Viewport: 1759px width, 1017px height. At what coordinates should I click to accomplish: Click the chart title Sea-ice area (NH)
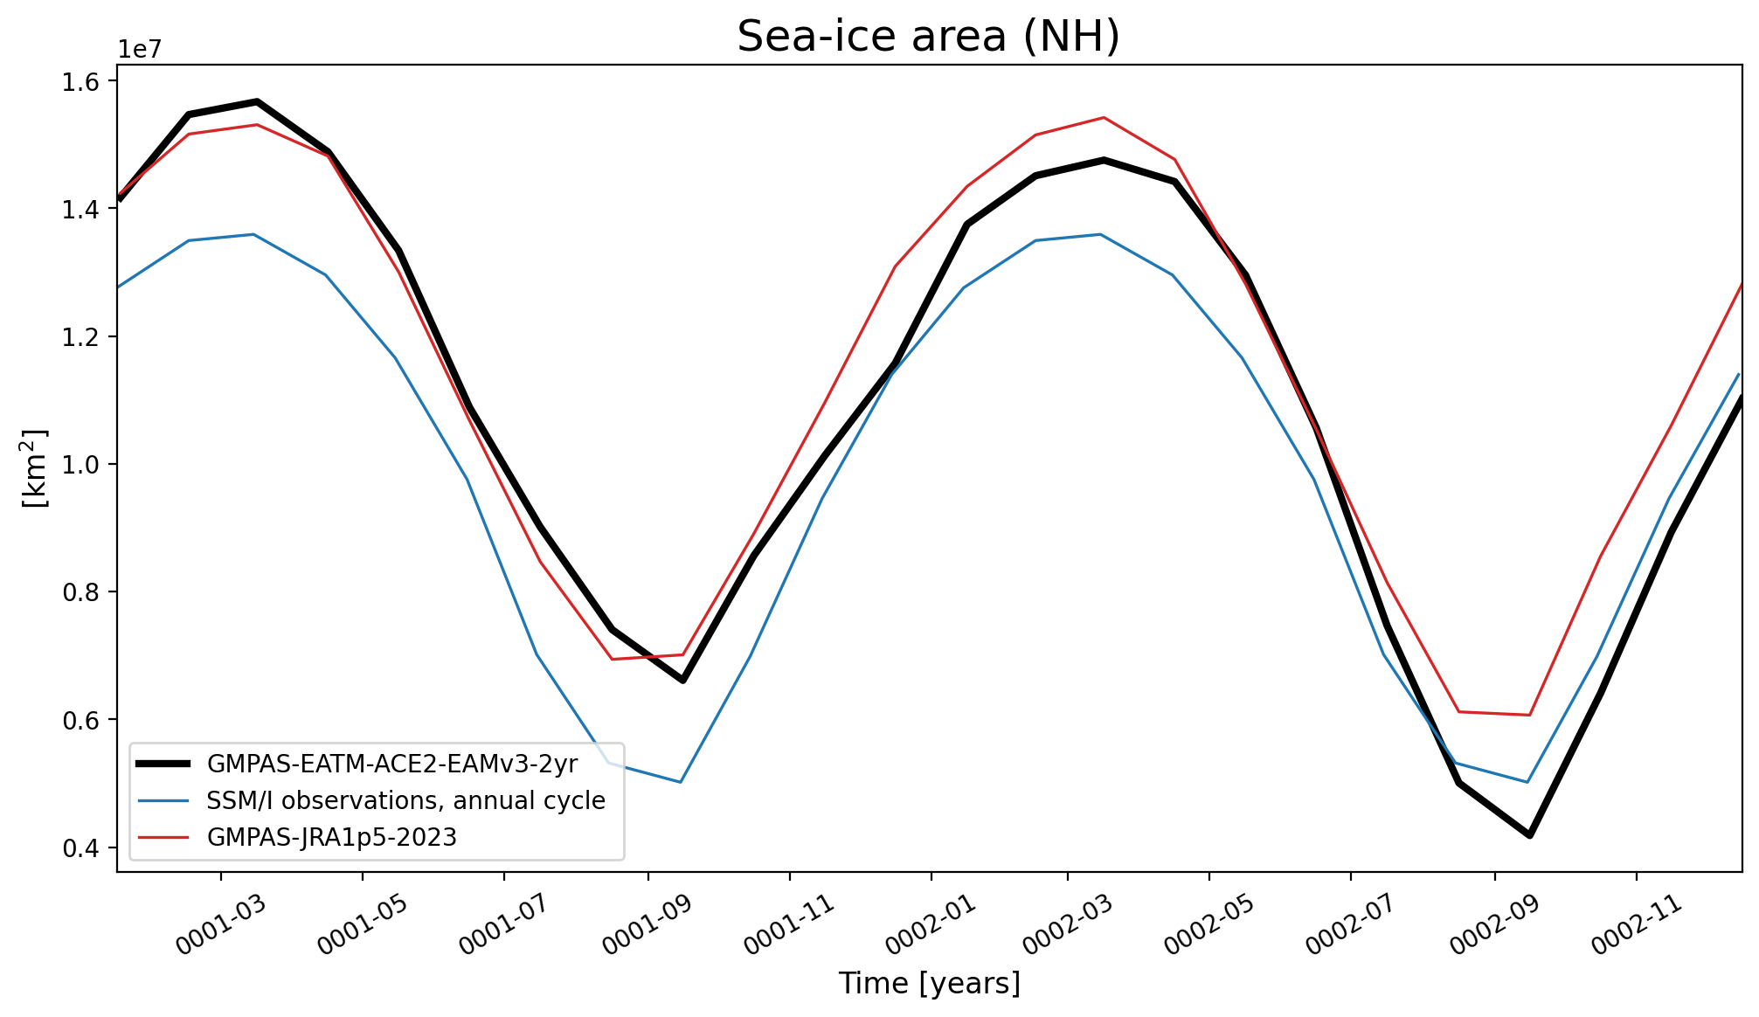(x=929, y=37)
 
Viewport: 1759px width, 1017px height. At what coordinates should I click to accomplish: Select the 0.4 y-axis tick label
(x=80, y=847)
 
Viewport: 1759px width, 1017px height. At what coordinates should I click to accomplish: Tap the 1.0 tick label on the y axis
(x=80, y=465)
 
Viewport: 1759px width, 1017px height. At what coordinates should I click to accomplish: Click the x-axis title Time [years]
(x=929, y=984)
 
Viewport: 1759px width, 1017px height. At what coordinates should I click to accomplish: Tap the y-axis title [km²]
(x=35, y=468)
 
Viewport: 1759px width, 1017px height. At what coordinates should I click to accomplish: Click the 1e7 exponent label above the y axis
(x=140, y=50)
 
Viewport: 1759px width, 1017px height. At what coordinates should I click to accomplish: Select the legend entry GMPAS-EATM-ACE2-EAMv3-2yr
(x=392, y=764)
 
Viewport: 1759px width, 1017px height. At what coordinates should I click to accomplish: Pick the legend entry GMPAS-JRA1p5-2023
(x=332, y=837)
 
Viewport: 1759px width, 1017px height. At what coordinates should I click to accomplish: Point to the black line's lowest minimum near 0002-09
(x=1530, y=835)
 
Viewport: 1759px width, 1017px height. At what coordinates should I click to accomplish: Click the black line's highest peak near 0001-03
(x=257, y=102)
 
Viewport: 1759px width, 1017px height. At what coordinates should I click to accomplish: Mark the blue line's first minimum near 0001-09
(x=680, y=782)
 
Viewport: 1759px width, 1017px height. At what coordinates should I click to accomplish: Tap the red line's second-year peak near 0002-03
(x=1104, y=117)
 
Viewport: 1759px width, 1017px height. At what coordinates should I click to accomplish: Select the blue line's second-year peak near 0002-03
(x=1101, y=234)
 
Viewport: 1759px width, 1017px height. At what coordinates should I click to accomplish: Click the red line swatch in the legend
(x=163, y=837)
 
